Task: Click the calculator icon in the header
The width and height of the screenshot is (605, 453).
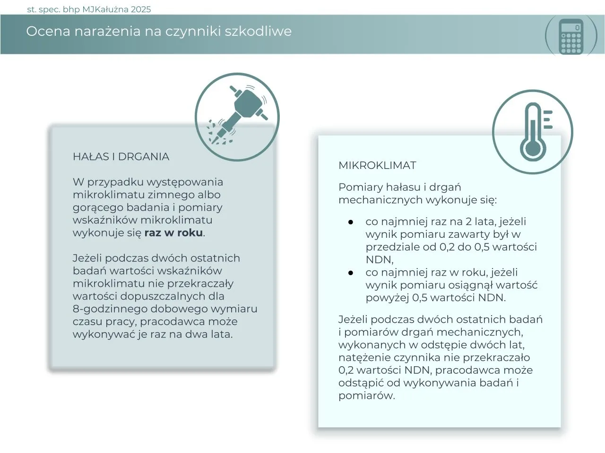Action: tap(571, 36)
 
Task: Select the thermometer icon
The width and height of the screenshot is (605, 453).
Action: tap(533, 131)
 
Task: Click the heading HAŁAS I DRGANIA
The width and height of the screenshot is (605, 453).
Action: tap(121, 157)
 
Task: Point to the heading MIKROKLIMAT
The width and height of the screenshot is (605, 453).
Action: tap(377, 166)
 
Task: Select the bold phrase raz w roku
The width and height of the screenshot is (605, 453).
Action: tap(173, 233)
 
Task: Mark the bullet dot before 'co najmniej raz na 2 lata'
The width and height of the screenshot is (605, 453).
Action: tap(351, 222)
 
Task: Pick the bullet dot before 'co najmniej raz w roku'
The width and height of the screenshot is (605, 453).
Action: tap(351, 273)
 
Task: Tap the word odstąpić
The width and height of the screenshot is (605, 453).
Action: tap(361, 383)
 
